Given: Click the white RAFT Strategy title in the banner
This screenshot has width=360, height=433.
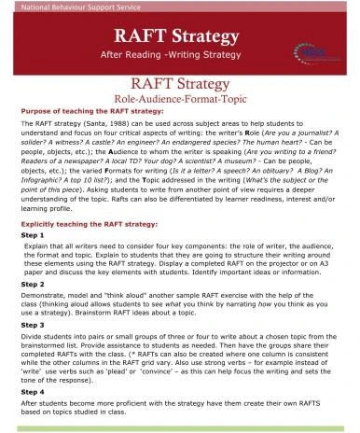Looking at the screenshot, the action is [180, 36].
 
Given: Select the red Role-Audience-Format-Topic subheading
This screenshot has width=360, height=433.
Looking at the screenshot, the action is [180, 98].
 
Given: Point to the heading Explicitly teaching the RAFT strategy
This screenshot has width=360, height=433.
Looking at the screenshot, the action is [89, 226].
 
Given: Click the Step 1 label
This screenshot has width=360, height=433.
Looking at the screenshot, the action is [33, 236].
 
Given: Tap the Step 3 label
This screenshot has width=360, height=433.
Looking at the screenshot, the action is [33, 328].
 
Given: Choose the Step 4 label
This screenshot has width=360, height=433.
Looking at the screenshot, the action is [33, 394].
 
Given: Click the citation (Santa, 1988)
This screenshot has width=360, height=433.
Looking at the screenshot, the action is [101, 121].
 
